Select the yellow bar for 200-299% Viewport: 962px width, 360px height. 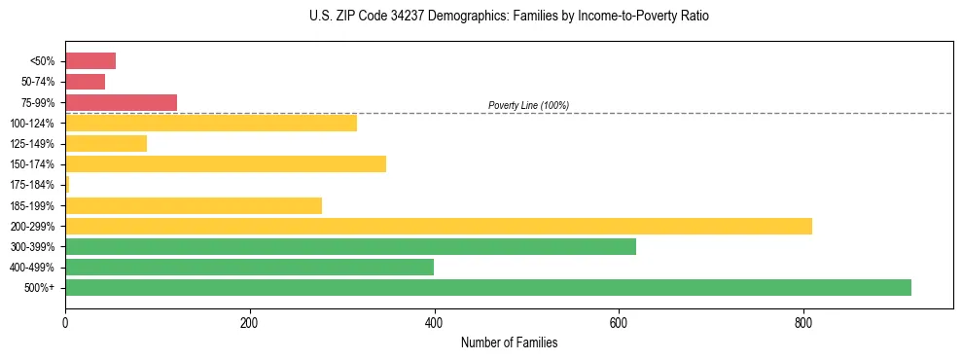tap(439, 226)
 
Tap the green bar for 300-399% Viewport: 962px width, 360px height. tap(350, 246)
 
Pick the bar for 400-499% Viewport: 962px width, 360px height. tap(249, 267)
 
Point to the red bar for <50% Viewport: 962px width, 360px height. tap(90, 61)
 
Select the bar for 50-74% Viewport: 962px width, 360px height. tap(85, 82)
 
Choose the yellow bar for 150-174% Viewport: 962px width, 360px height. tap(226, 163)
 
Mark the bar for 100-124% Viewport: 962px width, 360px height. tap(211, 123)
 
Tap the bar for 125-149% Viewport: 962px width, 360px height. tap(106, 143)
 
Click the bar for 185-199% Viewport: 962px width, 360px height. tap(194, 205)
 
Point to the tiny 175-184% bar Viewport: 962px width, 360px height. tap(67, 184)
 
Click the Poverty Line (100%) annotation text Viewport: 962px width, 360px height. tap(528, 105)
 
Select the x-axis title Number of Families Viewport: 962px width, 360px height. tap(509, 342)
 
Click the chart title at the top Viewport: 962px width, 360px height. tap(509, 17)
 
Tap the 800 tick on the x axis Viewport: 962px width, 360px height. tap(803, 322)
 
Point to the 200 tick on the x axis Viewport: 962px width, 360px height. tap(250, 322)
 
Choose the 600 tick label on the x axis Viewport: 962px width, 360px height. tap(619, 322)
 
